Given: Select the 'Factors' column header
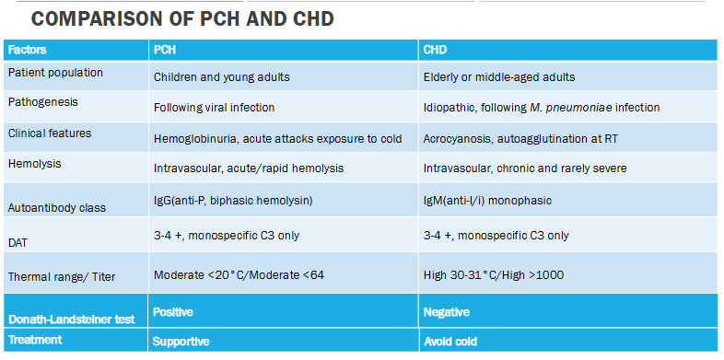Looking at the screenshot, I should click(x=28, y=50).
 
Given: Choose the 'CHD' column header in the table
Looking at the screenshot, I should click(x=436, y=50).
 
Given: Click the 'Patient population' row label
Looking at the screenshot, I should click(x=55, y=72).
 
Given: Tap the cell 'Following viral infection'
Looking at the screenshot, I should click(x=214, y=107).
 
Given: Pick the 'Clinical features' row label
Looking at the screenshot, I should click(x=50, y=133).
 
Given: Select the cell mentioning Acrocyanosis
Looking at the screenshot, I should click(x=508, y=137).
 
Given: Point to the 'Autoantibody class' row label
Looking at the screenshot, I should click(x=56, y=207).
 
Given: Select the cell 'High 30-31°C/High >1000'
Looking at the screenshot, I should click(x=493, y=275).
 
